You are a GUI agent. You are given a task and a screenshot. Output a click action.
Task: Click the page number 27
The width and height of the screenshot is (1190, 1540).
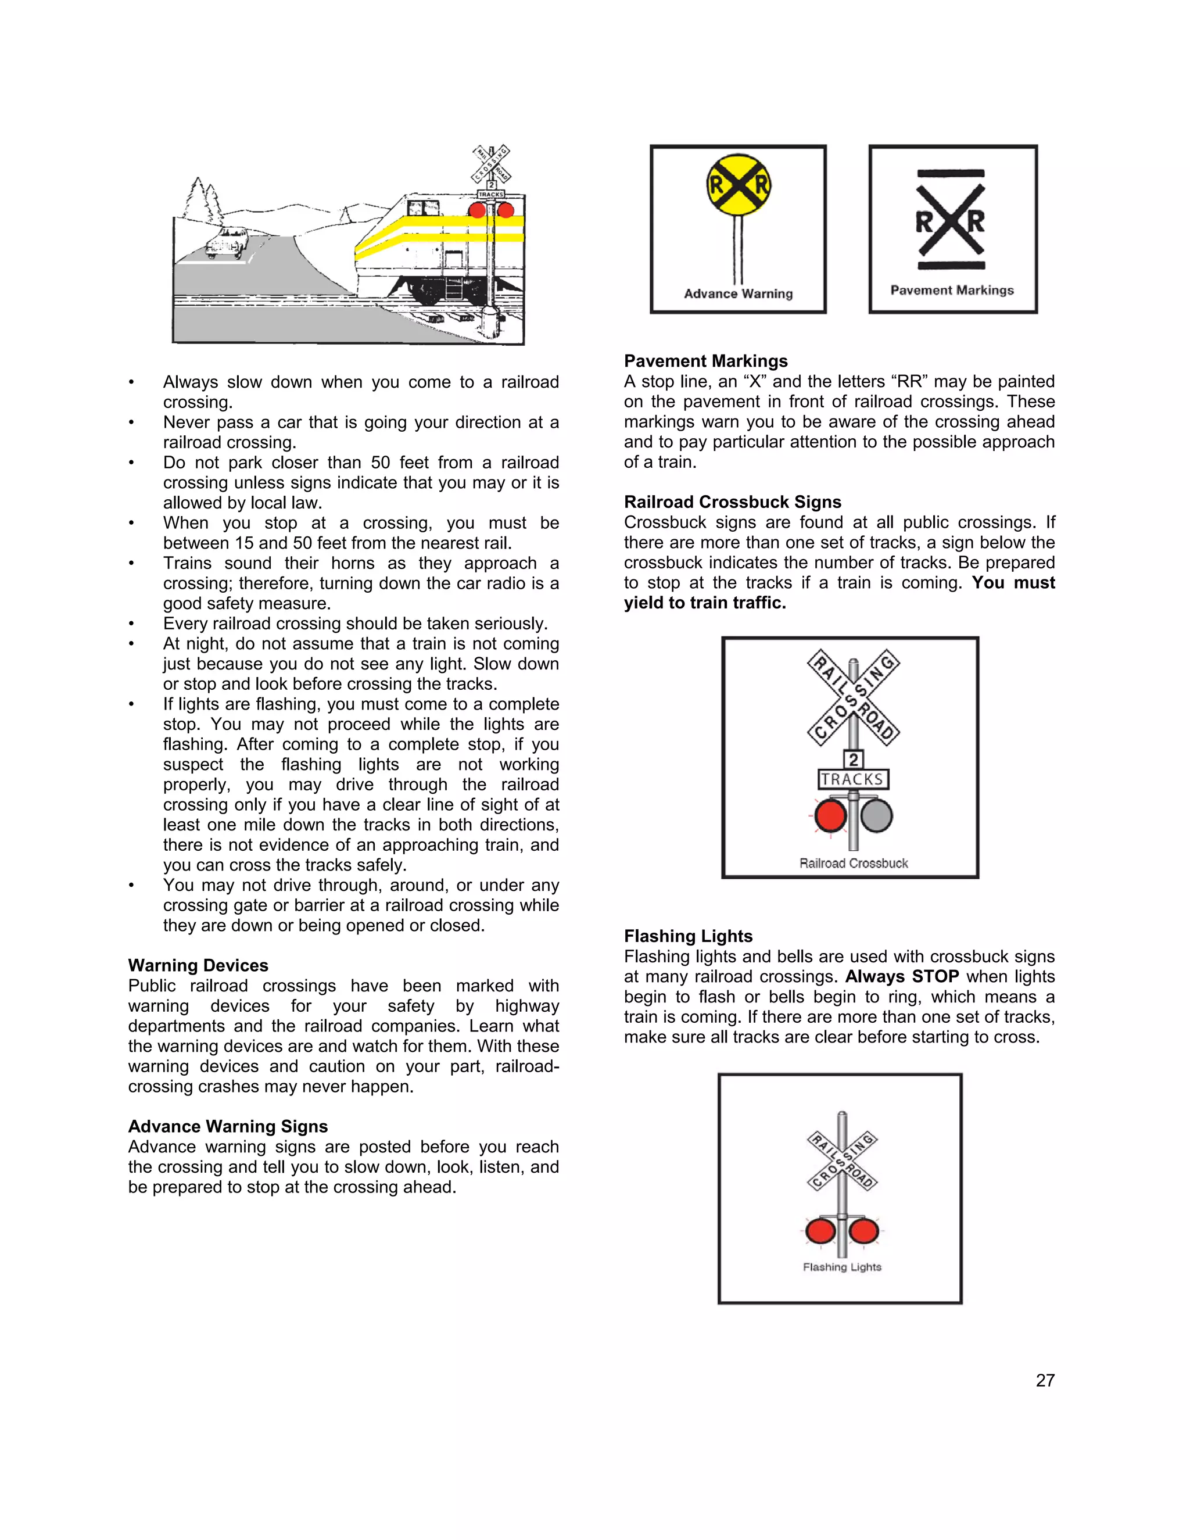click(1045, 1381)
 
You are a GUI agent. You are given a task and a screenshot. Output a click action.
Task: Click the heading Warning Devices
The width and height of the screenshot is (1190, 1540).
click(198, 965)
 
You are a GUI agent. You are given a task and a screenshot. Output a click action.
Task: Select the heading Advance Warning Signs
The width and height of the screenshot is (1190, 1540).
click(228, 1126)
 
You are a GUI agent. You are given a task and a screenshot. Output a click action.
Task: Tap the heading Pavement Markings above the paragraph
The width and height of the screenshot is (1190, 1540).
click(705, 361)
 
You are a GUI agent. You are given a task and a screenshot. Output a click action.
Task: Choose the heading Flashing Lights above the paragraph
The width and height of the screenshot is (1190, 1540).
click(688, 936)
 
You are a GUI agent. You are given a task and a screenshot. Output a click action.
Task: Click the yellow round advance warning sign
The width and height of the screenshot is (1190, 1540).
click(738, 185)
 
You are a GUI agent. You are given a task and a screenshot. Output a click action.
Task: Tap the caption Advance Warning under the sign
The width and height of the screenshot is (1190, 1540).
click(738, 294)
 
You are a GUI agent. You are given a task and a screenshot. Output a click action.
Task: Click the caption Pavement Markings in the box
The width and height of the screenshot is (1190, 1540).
click(952, 291)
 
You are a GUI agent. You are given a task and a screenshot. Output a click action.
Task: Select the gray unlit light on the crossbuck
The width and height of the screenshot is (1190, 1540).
click(876, 816)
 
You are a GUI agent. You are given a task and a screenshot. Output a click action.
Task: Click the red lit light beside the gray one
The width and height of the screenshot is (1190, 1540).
click(830, 816)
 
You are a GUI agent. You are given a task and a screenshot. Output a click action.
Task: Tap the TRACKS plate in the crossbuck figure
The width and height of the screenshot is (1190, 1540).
click(852, 779)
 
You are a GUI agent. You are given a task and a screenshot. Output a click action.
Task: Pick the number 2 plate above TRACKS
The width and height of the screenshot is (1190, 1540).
click(853, 760)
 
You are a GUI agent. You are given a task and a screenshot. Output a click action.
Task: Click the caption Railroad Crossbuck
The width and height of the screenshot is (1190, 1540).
click(853, 863)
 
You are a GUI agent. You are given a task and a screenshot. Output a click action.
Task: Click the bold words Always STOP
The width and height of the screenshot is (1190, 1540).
click(902, 977)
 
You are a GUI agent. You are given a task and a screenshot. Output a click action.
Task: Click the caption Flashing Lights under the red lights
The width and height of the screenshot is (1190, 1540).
click(842, 1267)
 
